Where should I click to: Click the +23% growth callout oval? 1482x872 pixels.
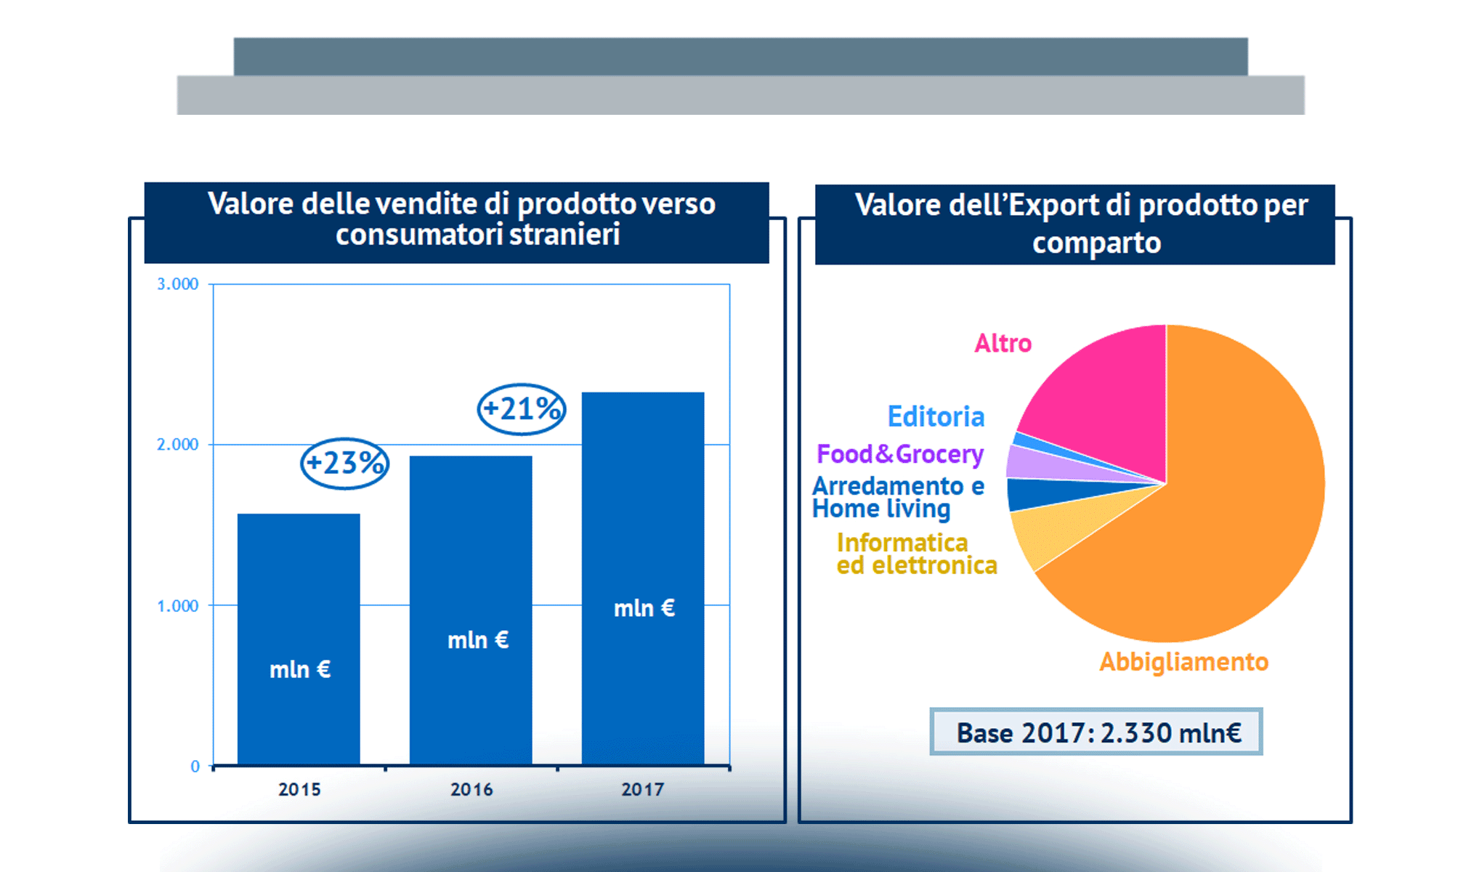(x=345, y=464)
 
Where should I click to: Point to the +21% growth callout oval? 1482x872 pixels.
(x=522, y=409)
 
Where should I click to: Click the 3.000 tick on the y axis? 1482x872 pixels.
(x=178, y=284)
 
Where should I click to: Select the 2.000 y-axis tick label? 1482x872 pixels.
(x=178, y=445)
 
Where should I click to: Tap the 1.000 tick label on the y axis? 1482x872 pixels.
(x=178, y=606)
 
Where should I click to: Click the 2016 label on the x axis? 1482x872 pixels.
(x=471, y=789)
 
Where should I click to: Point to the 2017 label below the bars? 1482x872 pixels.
(x=643, y=789)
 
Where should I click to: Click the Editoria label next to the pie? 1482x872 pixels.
(x=936, y=417)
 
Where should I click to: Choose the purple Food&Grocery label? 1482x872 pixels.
(x=900, y=454)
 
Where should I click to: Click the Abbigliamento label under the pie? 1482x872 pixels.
(x=1183, y=662)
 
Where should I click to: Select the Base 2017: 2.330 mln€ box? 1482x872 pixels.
(x=1096, y=732)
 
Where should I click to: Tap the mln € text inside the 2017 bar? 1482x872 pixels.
(x=644, y=608)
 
